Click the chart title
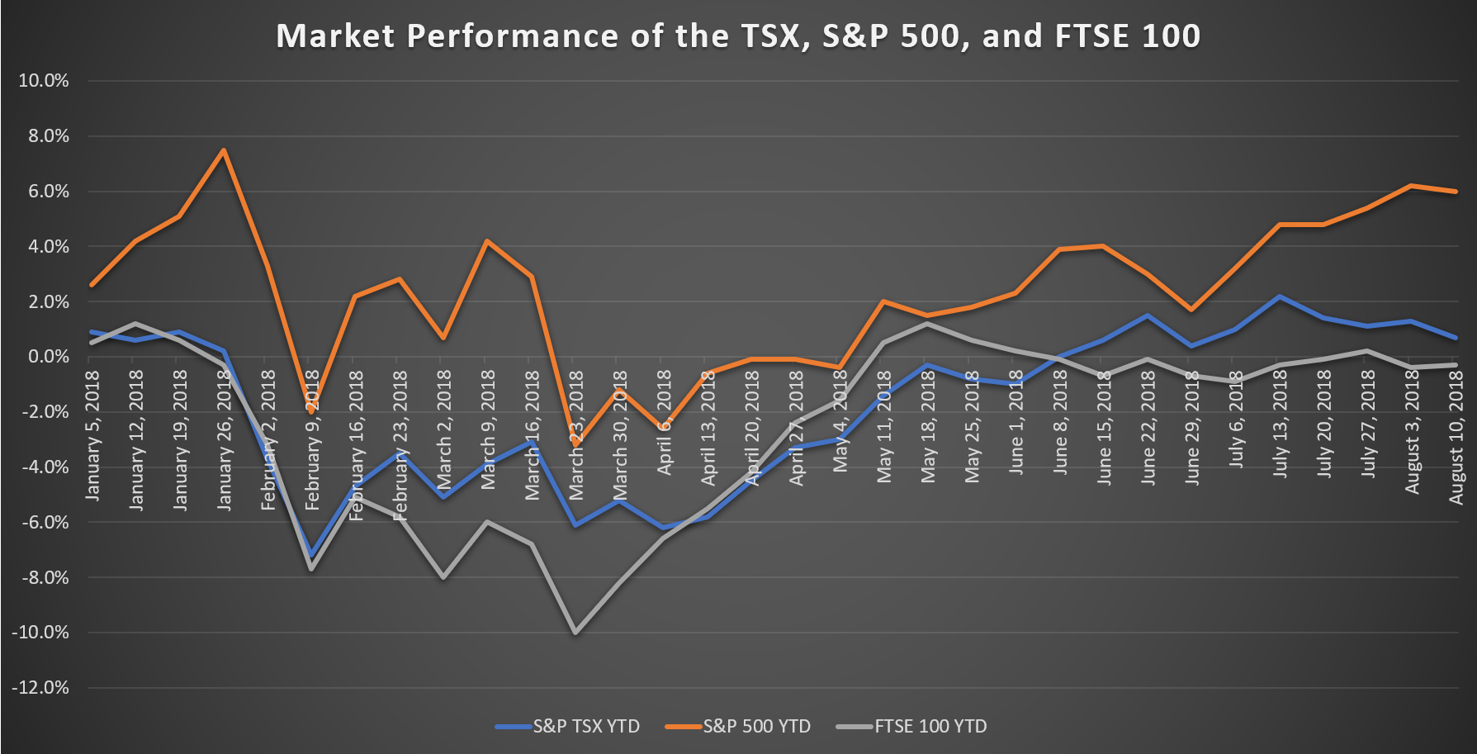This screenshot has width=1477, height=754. (737, 36)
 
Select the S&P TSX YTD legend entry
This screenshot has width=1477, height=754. (568, 727)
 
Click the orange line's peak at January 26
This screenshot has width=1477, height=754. (223, 150)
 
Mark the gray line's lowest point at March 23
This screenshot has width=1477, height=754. (575, 633)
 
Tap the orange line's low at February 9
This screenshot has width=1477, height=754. (311, 410)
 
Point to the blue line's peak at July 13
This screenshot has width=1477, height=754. (1279, 296)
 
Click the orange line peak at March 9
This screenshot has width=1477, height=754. (487, 241)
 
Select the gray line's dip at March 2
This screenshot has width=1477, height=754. (443, 577)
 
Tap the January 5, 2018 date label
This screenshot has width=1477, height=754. (92, 435)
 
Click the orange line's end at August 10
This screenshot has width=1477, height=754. (1456, 192)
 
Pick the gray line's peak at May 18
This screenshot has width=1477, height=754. (927, 324)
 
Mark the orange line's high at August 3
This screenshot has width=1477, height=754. (1412, 186)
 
